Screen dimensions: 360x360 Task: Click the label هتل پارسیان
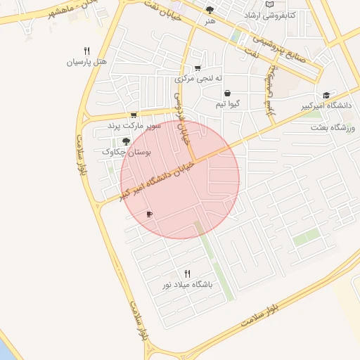click(86, 62)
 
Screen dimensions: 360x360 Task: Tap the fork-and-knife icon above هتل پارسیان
click(86, 51)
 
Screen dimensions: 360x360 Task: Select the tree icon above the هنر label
click(210, 10)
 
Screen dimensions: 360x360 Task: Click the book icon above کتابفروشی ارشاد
click(270, 4)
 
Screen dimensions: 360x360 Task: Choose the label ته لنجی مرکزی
click(198, 78)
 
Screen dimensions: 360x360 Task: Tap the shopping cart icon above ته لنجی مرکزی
click(198, 68)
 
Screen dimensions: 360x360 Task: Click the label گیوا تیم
click(228, 104)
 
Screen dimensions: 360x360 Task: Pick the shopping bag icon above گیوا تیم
click(227, 93)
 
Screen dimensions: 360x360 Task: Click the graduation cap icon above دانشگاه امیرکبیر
click(326, 96)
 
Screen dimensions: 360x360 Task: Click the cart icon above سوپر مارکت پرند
click(134, 115)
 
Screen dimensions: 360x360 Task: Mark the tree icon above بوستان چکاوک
click(127, 141)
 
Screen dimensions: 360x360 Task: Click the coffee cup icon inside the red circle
click(149, 214)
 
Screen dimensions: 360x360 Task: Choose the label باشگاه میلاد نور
click(187, 285)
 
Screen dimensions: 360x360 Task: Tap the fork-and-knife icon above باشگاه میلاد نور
click(187, 274)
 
